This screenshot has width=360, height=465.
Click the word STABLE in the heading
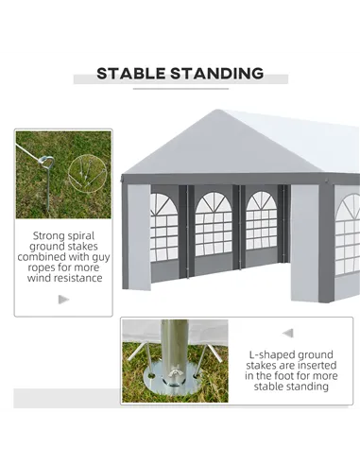[x=130, y=74]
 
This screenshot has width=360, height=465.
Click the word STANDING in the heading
[x=217, y=74]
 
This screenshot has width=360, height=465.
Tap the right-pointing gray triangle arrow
[x=63, y=300]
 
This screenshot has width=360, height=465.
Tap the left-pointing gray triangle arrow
[x=288, y=333]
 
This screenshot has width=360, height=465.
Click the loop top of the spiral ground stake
[x=46, y=161]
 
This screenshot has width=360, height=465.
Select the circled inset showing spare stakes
[x=88, y=174]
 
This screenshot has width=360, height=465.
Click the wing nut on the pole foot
[x=173, y=373]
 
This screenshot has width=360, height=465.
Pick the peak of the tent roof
[x=217, y=110]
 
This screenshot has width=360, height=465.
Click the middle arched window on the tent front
[x=214, y=224]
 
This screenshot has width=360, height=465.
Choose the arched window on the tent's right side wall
[x=348, y=233]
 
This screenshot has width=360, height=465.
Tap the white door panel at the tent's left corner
[x=139, y=236]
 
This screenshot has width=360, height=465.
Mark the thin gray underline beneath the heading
[x=180, y=89]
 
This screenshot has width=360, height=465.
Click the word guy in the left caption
[x=101, y=257]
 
